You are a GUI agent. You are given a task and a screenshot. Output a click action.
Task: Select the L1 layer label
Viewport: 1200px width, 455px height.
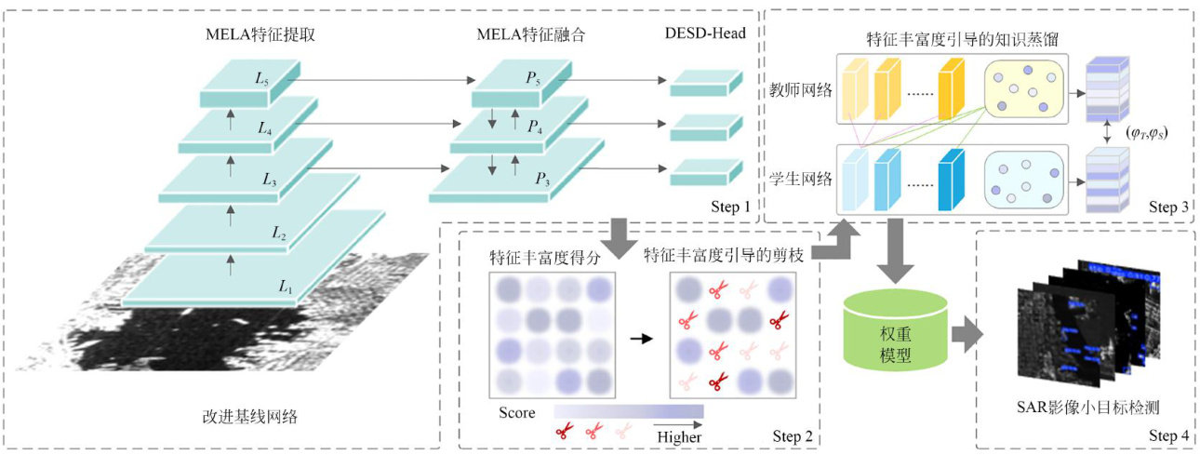[x=286, y=289]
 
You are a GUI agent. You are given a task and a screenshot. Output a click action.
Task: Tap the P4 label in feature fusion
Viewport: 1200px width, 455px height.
[x=533, y=126]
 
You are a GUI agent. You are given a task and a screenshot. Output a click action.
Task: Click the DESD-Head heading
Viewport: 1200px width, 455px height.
[x=704, y=34]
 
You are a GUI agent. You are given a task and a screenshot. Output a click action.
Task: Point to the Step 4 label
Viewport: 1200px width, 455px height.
[x=1167, y=435]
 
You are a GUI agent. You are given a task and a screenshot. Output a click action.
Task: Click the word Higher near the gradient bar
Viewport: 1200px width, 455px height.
[x=679, y=435]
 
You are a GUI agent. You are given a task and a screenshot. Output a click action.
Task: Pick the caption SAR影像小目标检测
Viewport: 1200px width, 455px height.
[x=1084, y=407]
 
